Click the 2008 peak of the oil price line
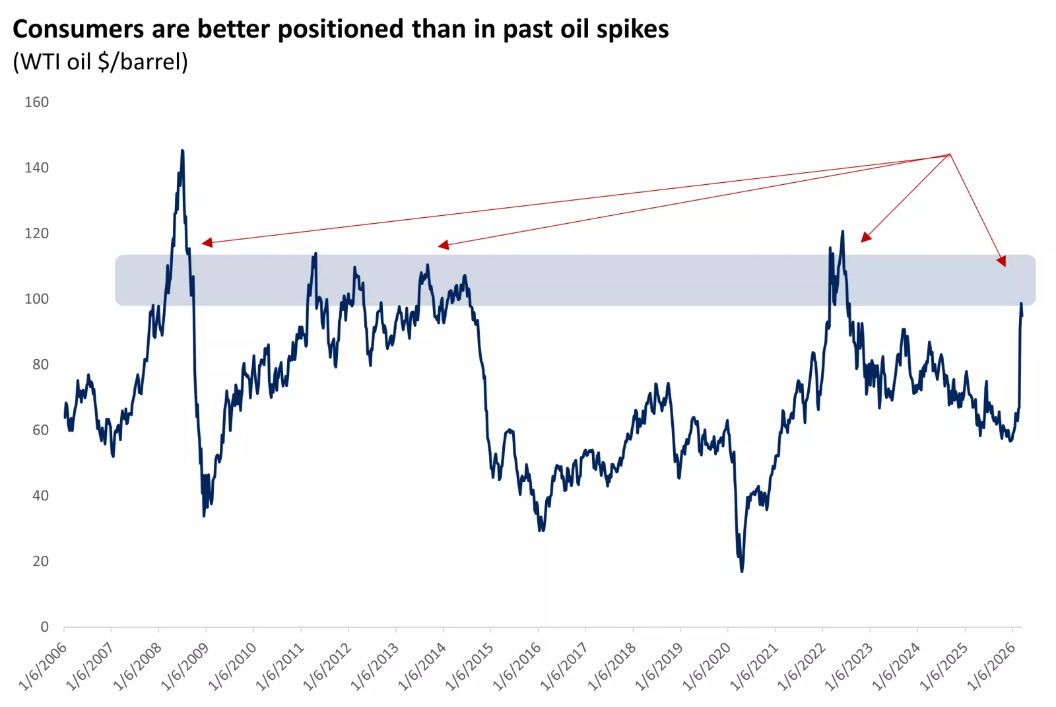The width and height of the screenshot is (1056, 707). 182,152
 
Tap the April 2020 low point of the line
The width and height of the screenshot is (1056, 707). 742,570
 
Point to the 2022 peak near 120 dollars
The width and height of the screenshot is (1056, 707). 842,232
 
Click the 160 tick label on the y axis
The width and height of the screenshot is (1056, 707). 36,102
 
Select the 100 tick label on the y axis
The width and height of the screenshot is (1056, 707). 36,299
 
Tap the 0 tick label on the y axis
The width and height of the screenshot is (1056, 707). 44,626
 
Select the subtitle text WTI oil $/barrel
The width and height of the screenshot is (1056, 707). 100,62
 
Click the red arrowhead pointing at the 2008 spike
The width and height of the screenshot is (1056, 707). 207,243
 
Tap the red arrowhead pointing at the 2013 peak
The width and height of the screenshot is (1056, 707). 443,245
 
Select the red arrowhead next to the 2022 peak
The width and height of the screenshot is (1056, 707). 866,238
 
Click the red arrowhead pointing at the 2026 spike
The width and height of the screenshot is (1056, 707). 1002,261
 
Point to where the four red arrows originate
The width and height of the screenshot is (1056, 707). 949,154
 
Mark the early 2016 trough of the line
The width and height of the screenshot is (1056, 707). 541,529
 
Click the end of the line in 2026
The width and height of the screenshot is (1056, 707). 1022,316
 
